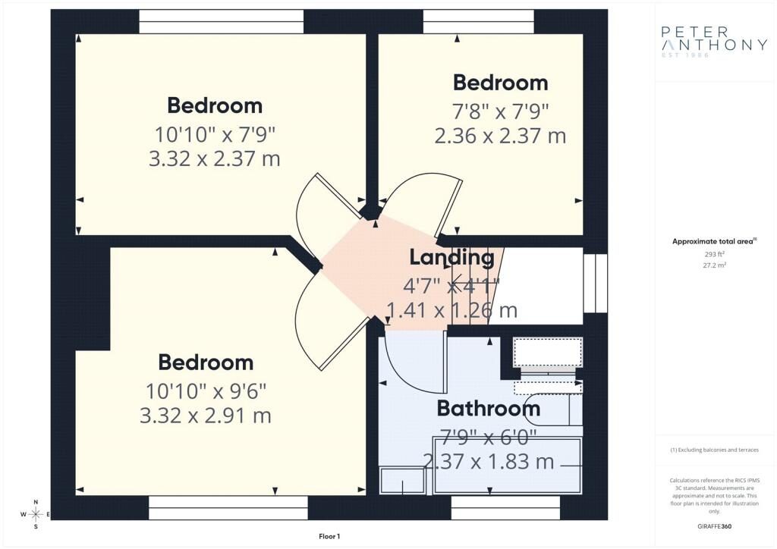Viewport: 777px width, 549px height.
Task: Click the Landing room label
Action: pyautogui.click(x=451, y=257)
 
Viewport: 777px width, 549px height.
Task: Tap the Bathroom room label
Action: pyautogui.click(x=489, y=409)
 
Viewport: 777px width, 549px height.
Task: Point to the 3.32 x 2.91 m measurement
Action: pyautogui.click(x=206, y=416)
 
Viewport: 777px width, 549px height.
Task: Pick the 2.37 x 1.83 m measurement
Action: pyautogui.click(x=488, y=461)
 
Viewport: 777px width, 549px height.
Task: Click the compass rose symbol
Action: pyautogui.click(x=36, y=515)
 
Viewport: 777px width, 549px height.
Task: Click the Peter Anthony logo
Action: pyautogui.click(x=714, y=39)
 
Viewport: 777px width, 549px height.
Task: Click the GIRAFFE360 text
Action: pyautogui.click(x=713, y=525)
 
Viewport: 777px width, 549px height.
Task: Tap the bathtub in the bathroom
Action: pyautogui.click(x=507, y=465)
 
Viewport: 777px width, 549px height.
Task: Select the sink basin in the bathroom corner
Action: pyautogui.click(x=402, y=481)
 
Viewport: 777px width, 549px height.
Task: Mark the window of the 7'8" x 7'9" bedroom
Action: pyautogui.click(x=478, y=21)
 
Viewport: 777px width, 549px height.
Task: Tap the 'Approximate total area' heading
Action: pyautogui.click(x=713, y=241)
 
